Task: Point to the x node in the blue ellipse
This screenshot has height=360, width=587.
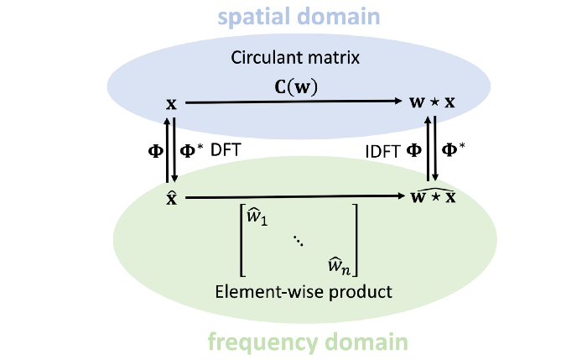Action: [x=172, y=104]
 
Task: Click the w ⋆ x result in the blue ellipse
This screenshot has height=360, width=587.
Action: [x=432, y=104]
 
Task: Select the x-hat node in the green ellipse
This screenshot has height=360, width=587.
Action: [x=172, y=199]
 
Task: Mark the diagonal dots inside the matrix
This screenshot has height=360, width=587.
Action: [x=299, y=241]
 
